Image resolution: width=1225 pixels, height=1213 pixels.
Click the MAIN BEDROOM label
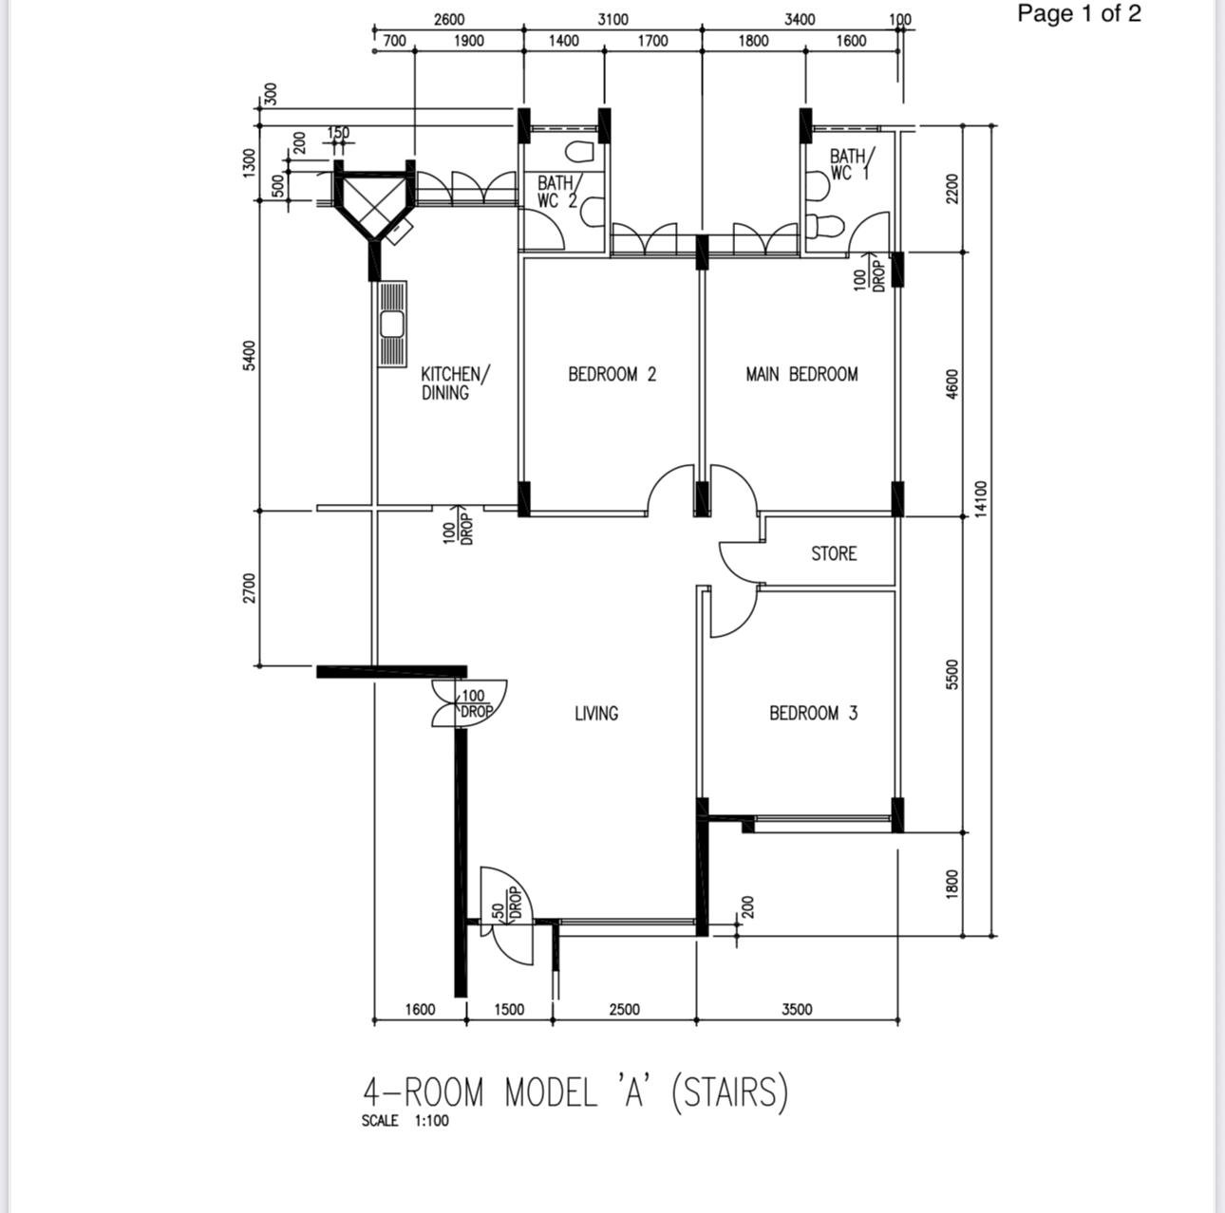pos(801,374)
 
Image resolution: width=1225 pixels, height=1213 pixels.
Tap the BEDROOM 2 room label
pos(612,374)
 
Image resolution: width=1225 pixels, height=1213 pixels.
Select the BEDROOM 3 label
pos(813,714)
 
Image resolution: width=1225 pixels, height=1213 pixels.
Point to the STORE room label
pos(834,554)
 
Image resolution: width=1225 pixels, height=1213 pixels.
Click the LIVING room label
pos(596,714)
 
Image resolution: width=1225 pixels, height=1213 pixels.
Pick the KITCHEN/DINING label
pos(455,383)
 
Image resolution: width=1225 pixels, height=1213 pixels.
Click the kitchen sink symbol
pos(392,324)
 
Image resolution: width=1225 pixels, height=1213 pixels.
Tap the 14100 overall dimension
pos(981,499)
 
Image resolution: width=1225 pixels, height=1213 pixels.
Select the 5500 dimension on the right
pos(952,675)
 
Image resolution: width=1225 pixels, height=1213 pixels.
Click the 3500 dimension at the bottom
pos(797,1009)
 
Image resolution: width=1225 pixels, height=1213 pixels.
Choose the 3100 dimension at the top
pos(612,20)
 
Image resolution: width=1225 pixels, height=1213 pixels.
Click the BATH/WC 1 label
pos(852,164)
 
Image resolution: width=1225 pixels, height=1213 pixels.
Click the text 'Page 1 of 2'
pos(1079,13)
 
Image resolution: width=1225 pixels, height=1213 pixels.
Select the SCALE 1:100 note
pos(405,1120)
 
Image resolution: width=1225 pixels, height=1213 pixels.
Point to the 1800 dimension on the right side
pos(952,884)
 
